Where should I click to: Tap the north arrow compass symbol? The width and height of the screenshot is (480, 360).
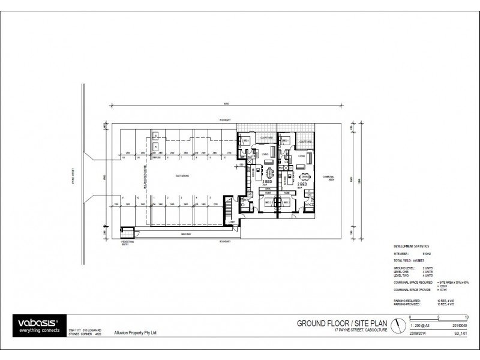point(398,325)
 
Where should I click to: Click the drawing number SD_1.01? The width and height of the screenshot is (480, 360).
point(459,333)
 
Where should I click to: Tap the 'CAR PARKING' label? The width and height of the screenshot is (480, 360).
point(182,176)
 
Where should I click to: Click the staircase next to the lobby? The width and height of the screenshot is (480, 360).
point(227,208)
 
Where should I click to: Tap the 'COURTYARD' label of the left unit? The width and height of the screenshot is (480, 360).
point(266,138)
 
